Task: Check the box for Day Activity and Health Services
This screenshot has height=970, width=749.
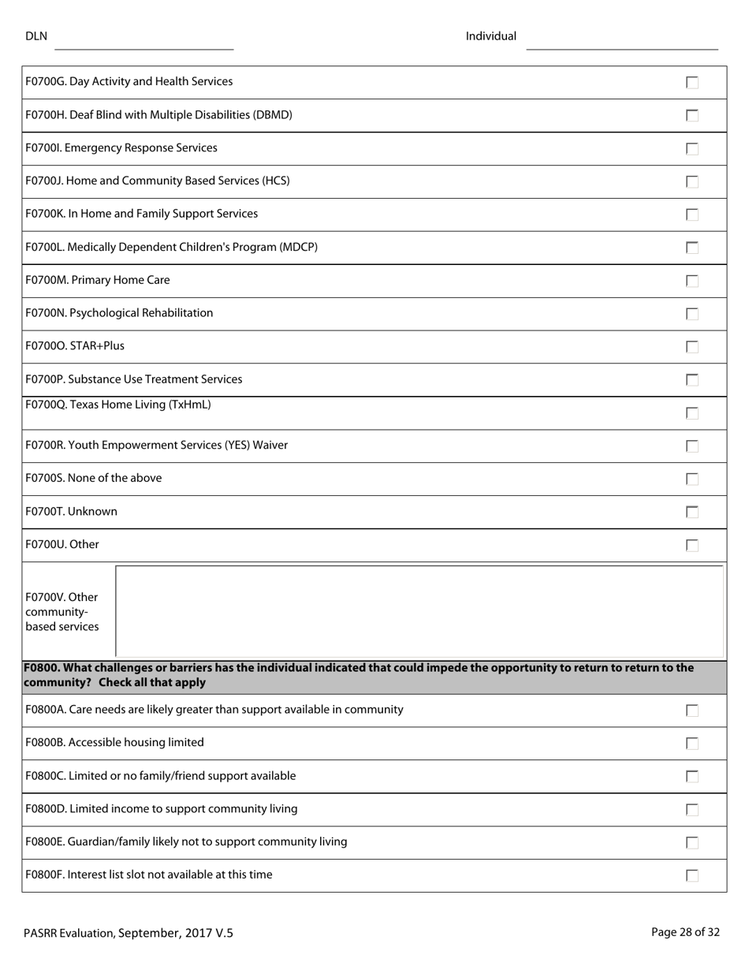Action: tap(692, 83)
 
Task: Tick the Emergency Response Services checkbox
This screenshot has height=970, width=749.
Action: tap(692, 149)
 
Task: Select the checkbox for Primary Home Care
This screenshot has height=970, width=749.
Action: tap(692, 281)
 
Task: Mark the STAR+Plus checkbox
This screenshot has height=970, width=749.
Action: tap(692, 347)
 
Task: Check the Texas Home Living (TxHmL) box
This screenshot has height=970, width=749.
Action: tap(692, 413)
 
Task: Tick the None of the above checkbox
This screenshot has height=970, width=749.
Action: tap(692, 479)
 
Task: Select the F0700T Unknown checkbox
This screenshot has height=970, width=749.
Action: tap(692, 512)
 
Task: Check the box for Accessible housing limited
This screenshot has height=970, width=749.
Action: tap(692, 743)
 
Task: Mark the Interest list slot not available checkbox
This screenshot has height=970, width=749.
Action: tap(692, 875)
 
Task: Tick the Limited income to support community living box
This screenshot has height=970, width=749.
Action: tap(692, 809)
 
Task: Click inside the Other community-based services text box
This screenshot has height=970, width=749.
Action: tap(419, 611)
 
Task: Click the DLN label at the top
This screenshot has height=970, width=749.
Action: tap(36, 36)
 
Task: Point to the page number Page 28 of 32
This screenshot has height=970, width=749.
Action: tap(685, 932)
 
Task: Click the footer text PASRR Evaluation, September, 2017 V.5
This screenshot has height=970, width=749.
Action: tap(129, 933)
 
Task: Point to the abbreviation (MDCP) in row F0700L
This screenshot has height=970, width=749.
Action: tap(298, 248)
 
